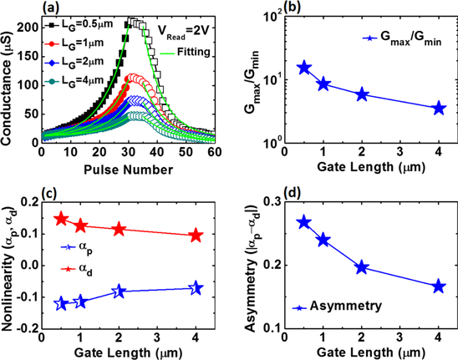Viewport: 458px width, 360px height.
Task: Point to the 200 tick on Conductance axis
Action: point(29,27)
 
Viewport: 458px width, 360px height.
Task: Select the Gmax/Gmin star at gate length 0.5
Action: point(305,68)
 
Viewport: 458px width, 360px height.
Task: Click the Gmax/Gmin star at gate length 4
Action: point(439,108)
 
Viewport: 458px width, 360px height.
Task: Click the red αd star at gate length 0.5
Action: point(60,219)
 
